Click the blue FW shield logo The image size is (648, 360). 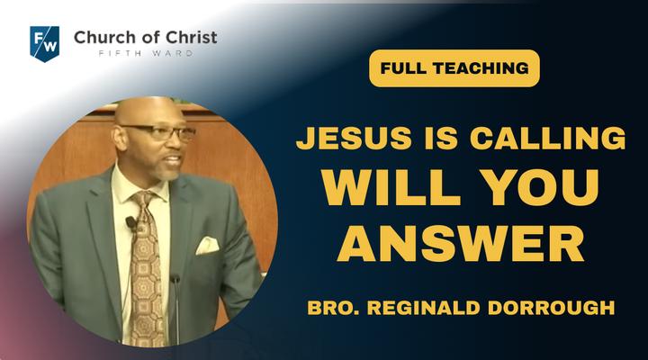pos(45,44)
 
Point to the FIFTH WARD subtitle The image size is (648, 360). pos(146,53)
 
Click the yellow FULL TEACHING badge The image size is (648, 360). pos(454,68)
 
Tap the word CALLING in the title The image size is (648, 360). pos(547,138)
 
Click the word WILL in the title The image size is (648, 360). pos(391,187)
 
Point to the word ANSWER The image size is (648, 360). pos(461,243)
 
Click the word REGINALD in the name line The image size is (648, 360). pos(424,308)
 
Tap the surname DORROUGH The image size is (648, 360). pos(552,308)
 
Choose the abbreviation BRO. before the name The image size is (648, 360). pos(334,308)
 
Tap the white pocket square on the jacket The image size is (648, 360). pos(207,246)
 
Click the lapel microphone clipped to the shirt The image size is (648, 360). pos(131,223)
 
